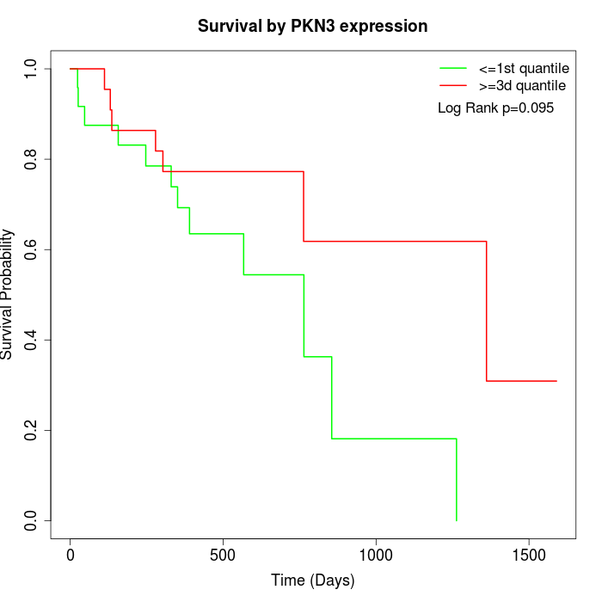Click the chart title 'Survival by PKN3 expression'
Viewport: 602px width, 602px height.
312,26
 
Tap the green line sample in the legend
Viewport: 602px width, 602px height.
453,68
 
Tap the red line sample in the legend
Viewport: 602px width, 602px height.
453,85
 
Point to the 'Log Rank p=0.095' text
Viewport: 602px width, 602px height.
495,108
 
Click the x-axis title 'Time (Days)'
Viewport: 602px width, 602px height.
312,580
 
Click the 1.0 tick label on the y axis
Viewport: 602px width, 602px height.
32,69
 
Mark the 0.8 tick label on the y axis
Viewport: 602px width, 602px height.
32,159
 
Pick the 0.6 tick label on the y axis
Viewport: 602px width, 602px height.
32,249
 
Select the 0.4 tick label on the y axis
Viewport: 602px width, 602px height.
32,340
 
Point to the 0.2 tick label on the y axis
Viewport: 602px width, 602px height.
32,430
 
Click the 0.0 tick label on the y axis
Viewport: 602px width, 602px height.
32,520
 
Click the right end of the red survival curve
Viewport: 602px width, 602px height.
556,381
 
